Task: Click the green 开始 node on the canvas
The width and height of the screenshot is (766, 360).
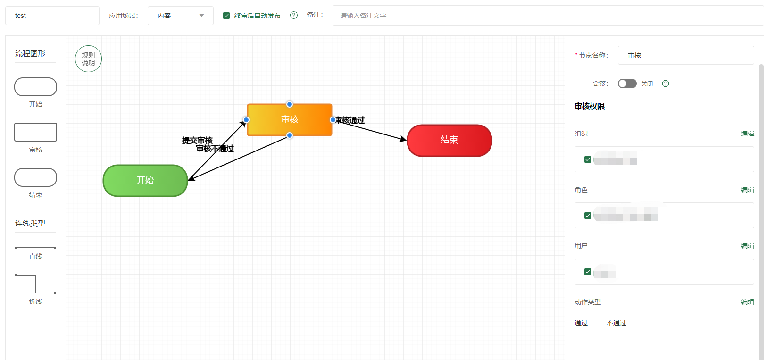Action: [145, 180]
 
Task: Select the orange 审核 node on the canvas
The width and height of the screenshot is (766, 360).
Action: [290, 120]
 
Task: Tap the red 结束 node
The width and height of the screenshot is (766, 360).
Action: [449, 140]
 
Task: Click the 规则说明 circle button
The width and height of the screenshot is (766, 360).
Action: [88, 59]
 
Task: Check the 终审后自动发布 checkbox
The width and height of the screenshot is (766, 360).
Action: [226, 16]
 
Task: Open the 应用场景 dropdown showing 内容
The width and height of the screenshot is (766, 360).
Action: [180, 16]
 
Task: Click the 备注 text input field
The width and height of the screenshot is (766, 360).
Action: [547, 16]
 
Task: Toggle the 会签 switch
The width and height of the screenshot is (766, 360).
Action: [627, 84]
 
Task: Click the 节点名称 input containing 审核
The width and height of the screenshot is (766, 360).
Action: [685, 55]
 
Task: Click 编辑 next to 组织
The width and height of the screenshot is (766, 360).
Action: [747, 134]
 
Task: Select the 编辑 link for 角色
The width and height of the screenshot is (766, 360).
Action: [747, 190]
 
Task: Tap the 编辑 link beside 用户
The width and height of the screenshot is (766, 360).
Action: [747, 246]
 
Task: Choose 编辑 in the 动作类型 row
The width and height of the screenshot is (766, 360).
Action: [747, 302]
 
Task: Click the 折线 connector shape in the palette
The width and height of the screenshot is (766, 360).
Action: [36, 284]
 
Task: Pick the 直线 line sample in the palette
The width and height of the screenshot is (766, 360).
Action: [36, 248]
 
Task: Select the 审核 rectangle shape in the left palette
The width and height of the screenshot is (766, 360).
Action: [36, 132]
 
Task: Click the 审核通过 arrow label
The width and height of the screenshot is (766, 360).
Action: [350, 120]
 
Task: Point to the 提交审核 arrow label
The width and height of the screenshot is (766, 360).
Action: [197, 140]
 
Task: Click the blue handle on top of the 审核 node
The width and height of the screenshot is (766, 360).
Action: [290, 104]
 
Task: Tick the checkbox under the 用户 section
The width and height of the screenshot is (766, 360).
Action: [588, 272]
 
